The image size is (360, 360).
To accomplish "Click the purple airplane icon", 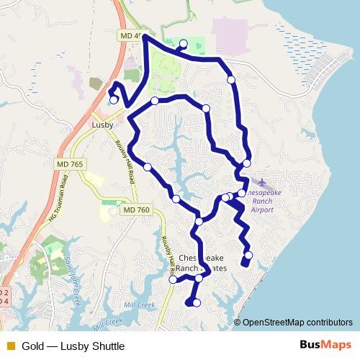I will click(x=261, y=181).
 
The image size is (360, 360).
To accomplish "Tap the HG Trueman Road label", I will click(x=60, y=202).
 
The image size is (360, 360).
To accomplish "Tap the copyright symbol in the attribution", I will click(x=238, y=323).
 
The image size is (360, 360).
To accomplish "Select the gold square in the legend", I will click(x=10, y=346).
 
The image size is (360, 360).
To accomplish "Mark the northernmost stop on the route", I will click(x=183, y=43).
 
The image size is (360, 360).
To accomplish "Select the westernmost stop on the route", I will click(x=114, y=100).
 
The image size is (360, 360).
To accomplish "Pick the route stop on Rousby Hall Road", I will click(x=173, y=279).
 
